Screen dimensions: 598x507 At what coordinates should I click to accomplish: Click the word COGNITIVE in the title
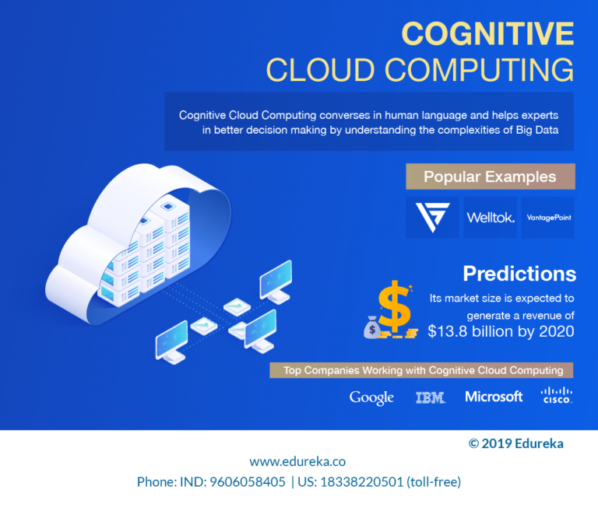(487, 33)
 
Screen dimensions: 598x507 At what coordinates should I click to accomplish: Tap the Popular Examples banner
(491, 177)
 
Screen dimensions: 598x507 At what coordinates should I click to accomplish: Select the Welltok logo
(491, 218)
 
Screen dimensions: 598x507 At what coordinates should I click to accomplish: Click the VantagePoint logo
(548, 218)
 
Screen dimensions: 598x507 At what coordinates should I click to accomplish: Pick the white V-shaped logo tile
(432, 218)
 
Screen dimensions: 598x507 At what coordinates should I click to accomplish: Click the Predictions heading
(519, 274)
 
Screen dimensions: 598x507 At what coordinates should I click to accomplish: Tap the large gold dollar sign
(395, 306)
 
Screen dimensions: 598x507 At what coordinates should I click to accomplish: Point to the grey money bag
(372, 327)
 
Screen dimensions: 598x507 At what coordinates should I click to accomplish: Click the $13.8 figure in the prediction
(448, 331)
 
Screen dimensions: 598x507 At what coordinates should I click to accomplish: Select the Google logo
(371, 397)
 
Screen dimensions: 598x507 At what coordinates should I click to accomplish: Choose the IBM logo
(430, 397)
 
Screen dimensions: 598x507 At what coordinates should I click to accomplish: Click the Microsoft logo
(494, 397)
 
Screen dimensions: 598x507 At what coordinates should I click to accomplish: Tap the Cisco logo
(557, 395)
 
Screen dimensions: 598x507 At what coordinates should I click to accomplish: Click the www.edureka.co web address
(297, 462)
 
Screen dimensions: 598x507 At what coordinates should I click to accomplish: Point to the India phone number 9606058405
(248, 482)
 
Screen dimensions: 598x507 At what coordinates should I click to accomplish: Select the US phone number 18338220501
(361, 482)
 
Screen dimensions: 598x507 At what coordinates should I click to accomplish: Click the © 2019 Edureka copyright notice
(516, 443)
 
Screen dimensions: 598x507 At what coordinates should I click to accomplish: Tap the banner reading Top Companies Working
(421, 370)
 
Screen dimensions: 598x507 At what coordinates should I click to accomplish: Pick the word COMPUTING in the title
(479, 70)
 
